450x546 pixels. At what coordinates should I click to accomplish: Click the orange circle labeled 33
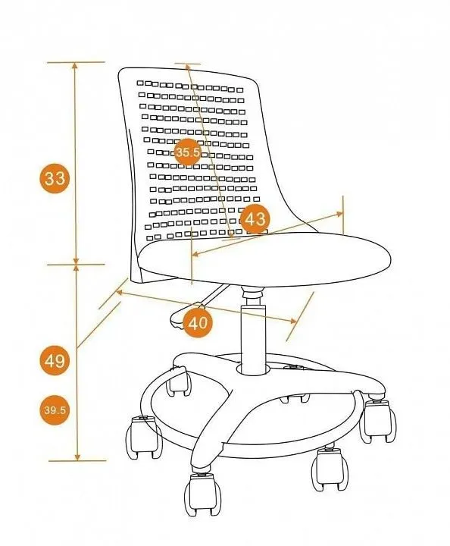pos(55,179)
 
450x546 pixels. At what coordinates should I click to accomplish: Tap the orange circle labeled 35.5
pos(188,152)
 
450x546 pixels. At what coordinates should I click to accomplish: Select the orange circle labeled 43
pos(255,219)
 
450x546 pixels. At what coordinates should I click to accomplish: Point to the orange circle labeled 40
pos(198,323)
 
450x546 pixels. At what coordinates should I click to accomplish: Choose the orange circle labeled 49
pos(55,360)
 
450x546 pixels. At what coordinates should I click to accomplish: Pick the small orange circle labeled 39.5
pos(55,409)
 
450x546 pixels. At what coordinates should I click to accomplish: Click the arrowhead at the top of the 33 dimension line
pos(74,66)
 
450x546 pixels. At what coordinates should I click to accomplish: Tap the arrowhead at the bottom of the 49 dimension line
pos(77,457)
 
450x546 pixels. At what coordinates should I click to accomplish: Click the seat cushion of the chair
pos(264,259)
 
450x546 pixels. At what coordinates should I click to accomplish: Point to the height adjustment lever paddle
pos(183,316)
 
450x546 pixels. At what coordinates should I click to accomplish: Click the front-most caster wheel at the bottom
pos(203,493)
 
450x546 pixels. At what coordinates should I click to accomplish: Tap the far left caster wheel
pos(144,437)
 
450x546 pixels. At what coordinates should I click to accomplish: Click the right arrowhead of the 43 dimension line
pos(339,214)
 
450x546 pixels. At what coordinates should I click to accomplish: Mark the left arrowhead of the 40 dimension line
pos(120,293)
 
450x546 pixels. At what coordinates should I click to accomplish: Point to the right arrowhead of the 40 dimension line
pos(293,321)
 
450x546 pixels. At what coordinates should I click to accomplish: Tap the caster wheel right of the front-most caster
pos(330,469)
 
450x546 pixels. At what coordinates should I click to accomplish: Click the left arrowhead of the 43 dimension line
pos(196,254)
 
